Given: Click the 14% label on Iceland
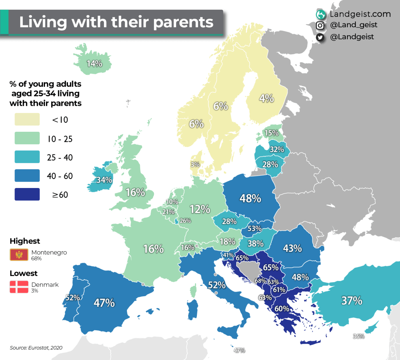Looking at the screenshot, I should pyautogui.click(x=94, y=63).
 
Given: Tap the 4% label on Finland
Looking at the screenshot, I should pyautogui.click(x=266, y=99).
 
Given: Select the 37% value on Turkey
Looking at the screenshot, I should pyautogui.click(x=352, y=301).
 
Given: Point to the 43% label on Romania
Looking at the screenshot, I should pyautogui.click(x=292, y=248).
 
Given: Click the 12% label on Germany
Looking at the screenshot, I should pyautogui.click(x=200, y=209).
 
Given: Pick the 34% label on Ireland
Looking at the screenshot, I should pyautogui.click(x=104, y=180).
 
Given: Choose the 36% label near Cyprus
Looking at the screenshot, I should pyautogui.click(x=359, y=336).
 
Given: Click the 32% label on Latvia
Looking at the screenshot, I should pyautogui.click(x=277, y=149).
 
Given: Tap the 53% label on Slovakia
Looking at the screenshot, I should pyautogui.click(x=254, y=228).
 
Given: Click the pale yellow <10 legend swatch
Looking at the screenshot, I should pyautogui.click(x=27, y=120).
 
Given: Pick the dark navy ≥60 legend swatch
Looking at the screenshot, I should pyautogui.click(x=27, y=195).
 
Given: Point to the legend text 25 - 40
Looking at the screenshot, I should pyautogui.click(x=60, y=158).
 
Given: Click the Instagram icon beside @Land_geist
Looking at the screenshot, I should pyautogui.click(x=320, y=25).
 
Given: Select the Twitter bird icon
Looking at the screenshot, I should pyautogui.click(x=320, y=37).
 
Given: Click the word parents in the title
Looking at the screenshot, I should pyautogui.click(x=183, y=22).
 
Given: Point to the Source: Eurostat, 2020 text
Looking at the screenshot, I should pyautogui.click(x=36, y=347).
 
